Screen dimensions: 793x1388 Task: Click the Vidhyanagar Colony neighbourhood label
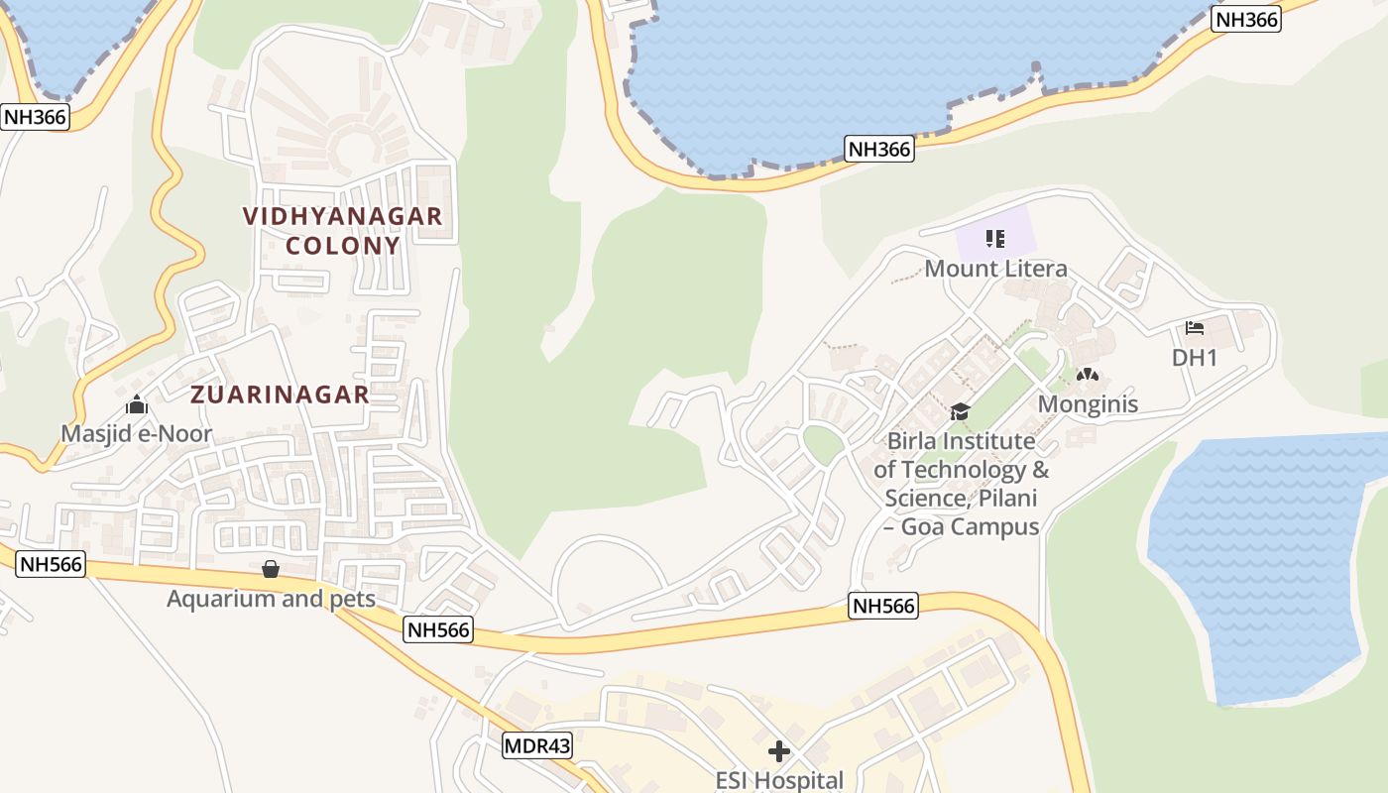point(343,230)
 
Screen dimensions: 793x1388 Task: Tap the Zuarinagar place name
point(280,395)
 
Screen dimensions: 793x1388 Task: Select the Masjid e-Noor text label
point(137,434)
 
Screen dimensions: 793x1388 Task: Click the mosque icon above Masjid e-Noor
point(137,404)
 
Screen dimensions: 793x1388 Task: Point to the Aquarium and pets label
point(271,599)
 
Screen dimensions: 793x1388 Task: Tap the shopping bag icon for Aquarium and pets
point(270,569)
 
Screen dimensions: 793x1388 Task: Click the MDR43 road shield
point(537,745)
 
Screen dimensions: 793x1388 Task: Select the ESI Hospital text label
point(779,780)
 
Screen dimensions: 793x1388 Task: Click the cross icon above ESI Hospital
point(779,751)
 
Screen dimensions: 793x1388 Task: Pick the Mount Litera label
point(995,269)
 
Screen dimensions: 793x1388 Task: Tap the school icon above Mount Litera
point(996,239)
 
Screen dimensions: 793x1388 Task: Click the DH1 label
point(1194,358)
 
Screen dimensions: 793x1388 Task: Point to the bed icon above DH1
point(1195,328)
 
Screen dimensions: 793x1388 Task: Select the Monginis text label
point(1088,404)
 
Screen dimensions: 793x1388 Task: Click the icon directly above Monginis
point(1088,376)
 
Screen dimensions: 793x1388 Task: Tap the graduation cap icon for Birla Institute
point(960,411)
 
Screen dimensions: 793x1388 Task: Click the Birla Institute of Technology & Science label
point(961,484)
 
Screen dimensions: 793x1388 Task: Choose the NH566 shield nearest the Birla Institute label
point(882,607)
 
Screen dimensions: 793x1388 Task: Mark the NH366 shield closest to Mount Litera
point(879,150)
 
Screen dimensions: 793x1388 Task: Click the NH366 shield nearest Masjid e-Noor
point(35,117)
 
